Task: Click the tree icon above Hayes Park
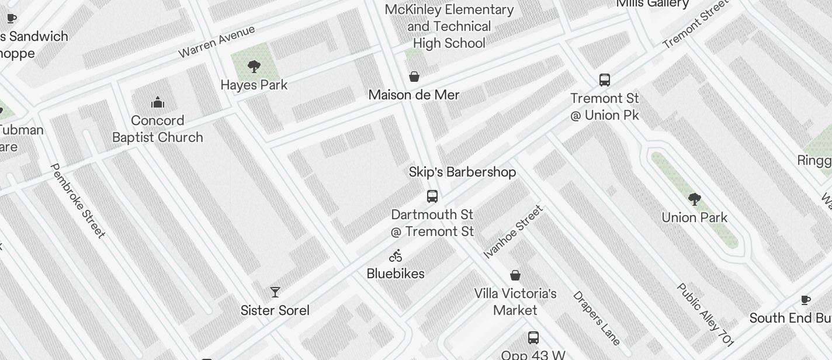254,67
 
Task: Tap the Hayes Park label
254,85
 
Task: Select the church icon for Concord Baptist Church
158,103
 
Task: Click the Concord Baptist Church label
158,129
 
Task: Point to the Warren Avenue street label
217,41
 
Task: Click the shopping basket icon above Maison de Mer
414,77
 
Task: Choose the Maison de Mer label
414,95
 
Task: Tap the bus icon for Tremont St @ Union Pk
605,79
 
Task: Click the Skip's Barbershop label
462,172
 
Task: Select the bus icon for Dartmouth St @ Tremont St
432,196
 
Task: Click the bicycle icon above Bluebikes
396,255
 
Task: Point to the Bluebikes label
396,274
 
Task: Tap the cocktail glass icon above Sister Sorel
275,292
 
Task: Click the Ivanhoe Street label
514,231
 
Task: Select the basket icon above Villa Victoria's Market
515,275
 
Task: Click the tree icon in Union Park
694,200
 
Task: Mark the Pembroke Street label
78,200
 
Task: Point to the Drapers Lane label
596,318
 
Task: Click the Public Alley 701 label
705,315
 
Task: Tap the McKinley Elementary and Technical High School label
449,26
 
